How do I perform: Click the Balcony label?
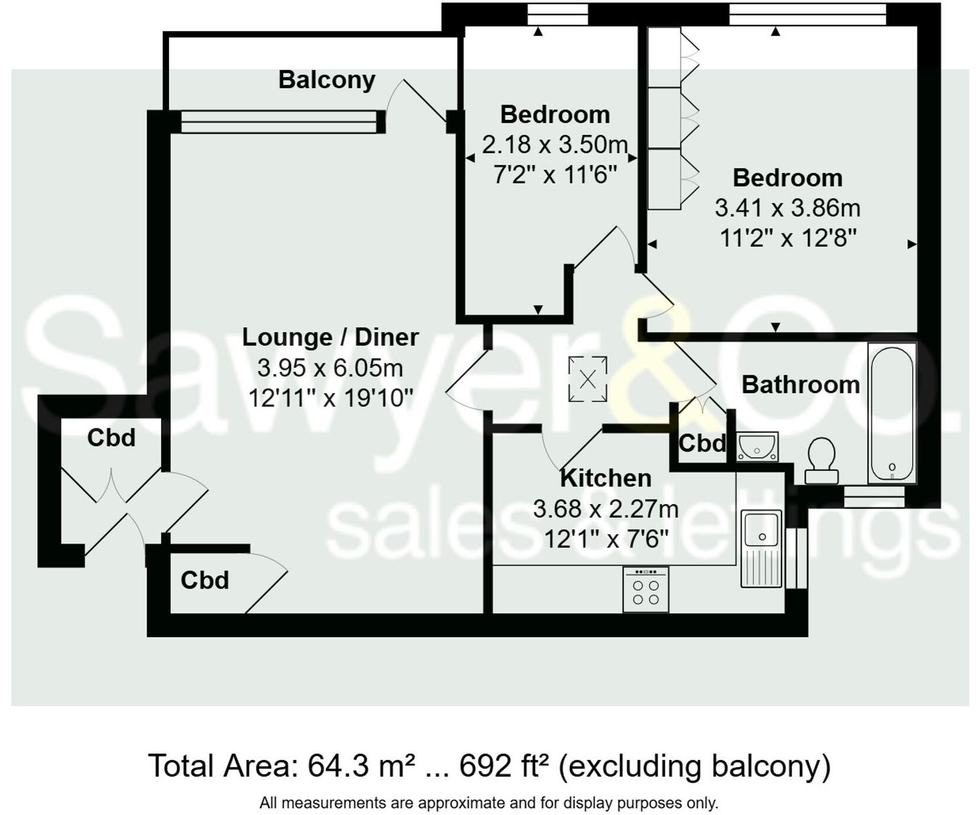tap(326, 80)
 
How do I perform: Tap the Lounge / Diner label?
tap(330, 337)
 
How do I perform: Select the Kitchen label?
tap(605, 478)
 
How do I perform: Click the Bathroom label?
tap(800, 385)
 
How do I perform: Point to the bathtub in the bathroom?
tap(891, 413)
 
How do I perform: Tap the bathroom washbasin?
tap(757, 446)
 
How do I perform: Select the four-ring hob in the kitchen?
tap(646, 590)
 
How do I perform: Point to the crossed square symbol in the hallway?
tap(588, 379)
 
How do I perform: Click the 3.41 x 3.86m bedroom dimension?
tap(787, 208)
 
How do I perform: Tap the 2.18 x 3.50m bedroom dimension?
tap(554, 144)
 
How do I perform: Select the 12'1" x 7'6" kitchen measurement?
tap(605, 539)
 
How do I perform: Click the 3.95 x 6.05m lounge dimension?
tap(330, 368)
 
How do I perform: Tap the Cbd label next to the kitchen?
tap(702, 443)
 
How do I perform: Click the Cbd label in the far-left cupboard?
tap(111, 438)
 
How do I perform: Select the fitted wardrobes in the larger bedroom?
tap(671, 118)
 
